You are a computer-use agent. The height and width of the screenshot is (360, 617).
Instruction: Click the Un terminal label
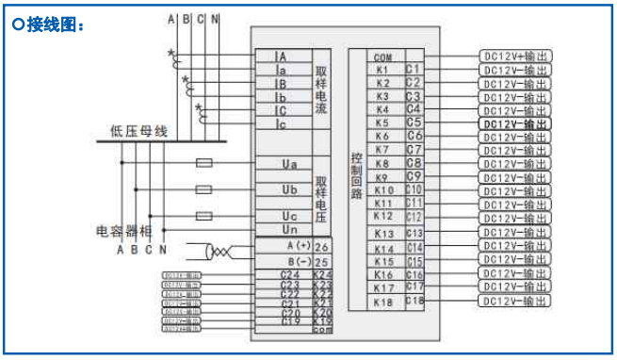tap(289, 229)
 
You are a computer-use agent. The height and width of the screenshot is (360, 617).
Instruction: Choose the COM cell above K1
tap(382, 57)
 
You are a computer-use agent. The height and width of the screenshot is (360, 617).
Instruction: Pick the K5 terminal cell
tap(382, 123)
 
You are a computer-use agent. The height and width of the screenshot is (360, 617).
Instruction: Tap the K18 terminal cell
tap(382, 302)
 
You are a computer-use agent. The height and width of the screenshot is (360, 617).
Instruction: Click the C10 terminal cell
tap(414, 189)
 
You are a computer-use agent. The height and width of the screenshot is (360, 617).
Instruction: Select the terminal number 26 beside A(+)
tap(321, 246)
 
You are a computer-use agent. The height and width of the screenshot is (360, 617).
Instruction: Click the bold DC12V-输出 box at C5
tap(514, 123)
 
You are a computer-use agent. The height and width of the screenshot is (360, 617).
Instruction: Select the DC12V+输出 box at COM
tap(514, 57)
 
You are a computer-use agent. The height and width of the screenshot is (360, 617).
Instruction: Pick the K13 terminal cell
tap(383, 233)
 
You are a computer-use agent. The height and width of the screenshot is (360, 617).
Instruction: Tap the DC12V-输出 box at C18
tap(514, 301)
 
